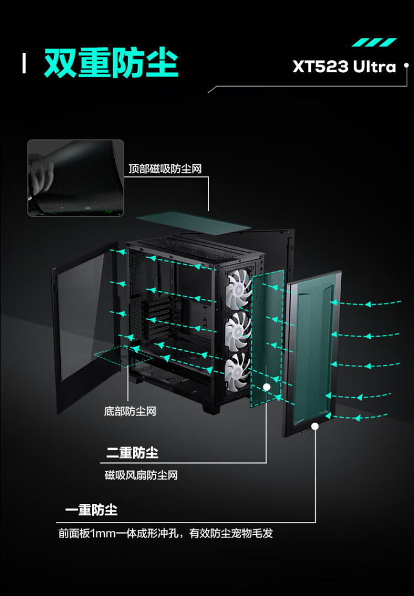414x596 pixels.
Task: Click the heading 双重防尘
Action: pyautogui.click(x=111, y=63)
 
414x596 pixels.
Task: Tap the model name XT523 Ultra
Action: pyautogui.click(x=344, y=67)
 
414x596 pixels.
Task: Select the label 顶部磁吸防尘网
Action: pyautogui.click(x=165, y=168)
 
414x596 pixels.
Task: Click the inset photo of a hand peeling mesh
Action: pyautogui.click(x=76, y=177)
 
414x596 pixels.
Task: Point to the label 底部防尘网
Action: pyautogui.click(x=130, y=411)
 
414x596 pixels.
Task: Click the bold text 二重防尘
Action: pyautogui.click(x=132, y=454)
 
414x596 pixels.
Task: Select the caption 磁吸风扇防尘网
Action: pyautogui.click(x=141, y=475)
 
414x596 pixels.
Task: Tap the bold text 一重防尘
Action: pyautogui.click(x=91, y=509)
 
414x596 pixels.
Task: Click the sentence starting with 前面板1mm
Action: pyautogui.click(x=166, y=534)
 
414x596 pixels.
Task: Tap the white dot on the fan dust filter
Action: pyautogui.click(x=267, y=387)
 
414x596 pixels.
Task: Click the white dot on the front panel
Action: pyautogui.click(x=315, y=426)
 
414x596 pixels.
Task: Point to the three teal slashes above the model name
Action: pyautogui.click(x=374, y=42)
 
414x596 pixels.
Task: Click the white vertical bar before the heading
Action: pyautogui.click(x=24, y=63)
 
